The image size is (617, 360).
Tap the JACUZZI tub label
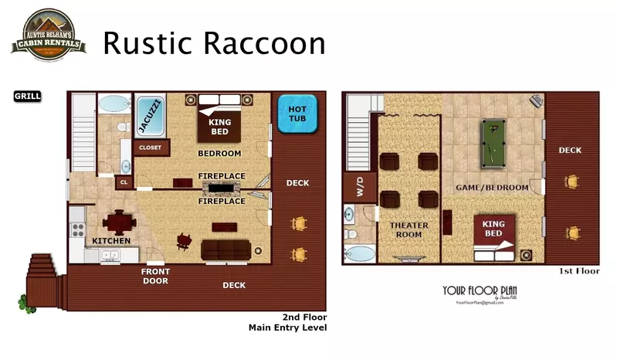click(x=150, y=115)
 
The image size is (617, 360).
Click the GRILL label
click(x=27, y=97)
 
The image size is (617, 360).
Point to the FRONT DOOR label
click(x=154, y=276)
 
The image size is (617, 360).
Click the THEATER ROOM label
click(x=409, y=230)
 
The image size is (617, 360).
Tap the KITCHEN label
click(x=111, y=241)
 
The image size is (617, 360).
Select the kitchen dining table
click(x=119, y=222)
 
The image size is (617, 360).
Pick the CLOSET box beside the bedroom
click(x=149, y=146)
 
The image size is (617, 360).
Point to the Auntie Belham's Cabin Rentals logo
click(x=48, y=34)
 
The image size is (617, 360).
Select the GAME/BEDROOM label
click(x=492, y=188)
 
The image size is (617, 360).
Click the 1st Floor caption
click(x=578, y=272)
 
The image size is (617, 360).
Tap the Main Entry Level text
click(x=287, y=328)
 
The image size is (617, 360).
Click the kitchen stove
click(x=77, y=229)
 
